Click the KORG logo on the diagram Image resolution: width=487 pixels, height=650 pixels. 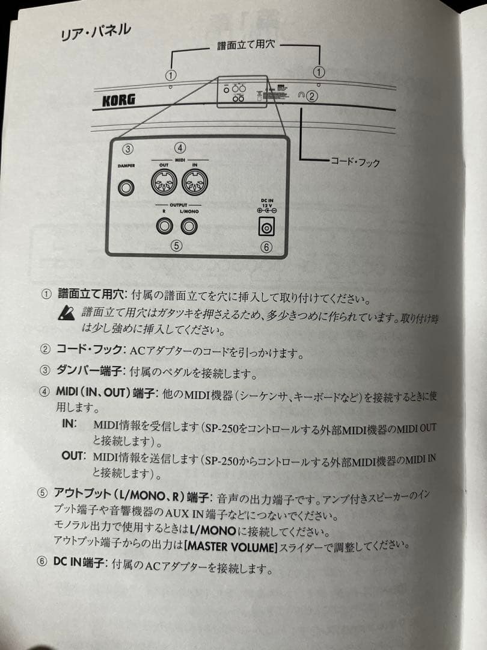tap(114, 100)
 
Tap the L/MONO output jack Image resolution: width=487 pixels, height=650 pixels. tap(190, 227)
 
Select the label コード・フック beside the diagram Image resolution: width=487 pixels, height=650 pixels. tap(355, 161)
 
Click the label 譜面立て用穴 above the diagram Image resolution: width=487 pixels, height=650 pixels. tap(247, 46)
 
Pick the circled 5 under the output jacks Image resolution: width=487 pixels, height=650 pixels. tap(176, 245)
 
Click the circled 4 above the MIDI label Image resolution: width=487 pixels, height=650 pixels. tap(180, 147)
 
